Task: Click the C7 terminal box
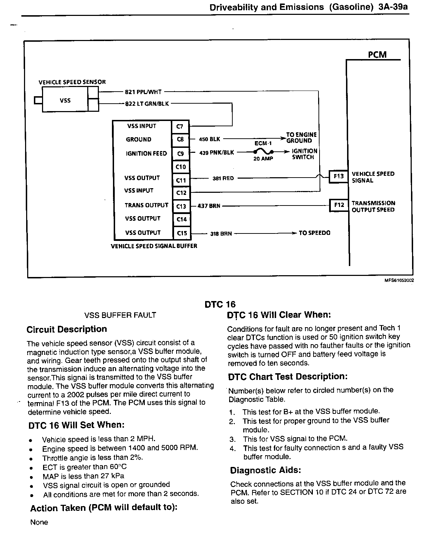click(180, 126)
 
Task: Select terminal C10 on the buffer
click(180, 167)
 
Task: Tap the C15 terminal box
click(181, 233)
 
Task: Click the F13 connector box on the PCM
click(339, 176)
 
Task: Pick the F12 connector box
click(339, 205)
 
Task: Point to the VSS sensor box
click(65, 100)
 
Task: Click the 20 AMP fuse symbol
click(263, 151)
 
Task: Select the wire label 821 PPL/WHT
click(143, 92)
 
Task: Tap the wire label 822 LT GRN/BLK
click(147, 104)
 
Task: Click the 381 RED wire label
click(223, 178)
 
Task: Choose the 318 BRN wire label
click(221, 234)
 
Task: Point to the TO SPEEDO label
click(314, 233)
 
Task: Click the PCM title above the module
click(377, 54)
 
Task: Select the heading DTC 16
click(220, 304)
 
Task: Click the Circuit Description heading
click(67, 329)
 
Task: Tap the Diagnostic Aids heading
click(265, 470)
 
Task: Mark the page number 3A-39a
click(393, 7)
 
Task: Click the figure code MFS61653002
click(399, 280)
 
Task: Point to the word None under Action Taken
click(39, 522)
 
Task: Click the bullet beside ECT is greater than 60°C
click(31, 468)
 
